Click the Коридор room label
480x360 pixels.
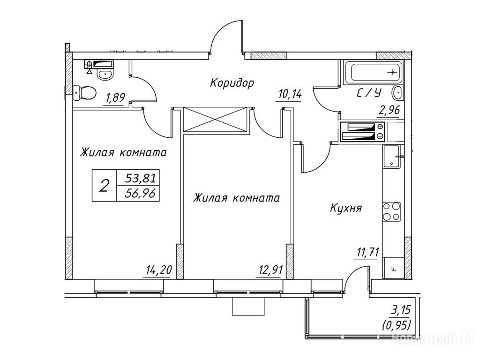click(x=232, y=83)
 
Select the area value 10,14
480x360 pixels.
click(x=289, y=94)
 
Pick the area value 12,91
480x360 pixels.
click(x=270, y=270)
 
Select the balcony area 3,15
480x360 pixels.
click(x=400, y=310)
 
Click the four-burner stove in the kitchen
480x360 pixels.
click(x=391, y=211)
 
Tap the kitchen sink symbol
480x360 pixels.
click(x=392, y=156)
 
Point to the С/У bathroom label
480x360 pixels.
click(x=368, y=94)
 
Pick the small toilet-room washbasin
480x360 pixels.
click(x=104, y=74)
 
